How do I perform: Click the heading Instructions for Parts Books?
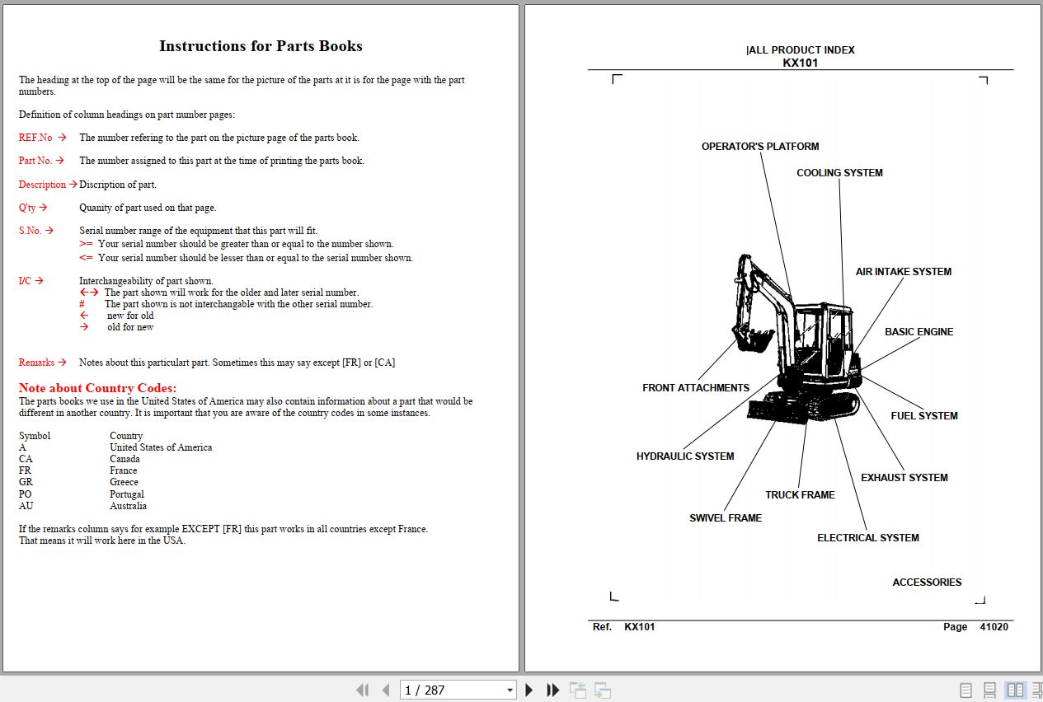pos(261,46)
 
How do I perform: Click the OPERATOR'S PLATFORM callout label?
pos(759,147)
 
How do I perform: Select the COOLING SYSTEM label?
pos(839,173)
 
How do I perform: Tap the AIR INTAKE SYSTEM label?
pos(903,272)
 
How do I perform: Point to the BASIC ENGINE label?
pos(918,332)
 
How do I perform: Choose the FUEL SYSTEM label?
pos(923,416)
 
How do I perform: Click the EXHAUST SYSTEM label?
pos(904,478)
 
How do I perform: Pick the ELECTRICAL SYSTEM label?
pos(867,538)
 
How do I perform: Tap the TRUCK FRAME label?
pos(800,495)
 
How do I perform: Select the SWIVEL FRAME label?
pos(725,518)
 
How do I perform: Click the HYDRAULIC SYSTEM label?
pos(684,456)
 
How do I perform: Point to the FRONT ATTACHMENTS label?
pos(695,388)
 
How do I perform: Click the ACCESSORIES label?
pos(927,583)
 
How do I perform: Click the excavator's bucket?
pos(749,338)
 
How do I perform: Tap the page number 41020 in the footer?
pos(994,627)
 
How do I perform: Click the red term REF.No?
pos(35,138)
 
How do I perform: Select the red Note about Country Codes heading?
pos(97,388)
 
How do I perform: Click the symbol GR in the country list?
pos(26,483)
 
